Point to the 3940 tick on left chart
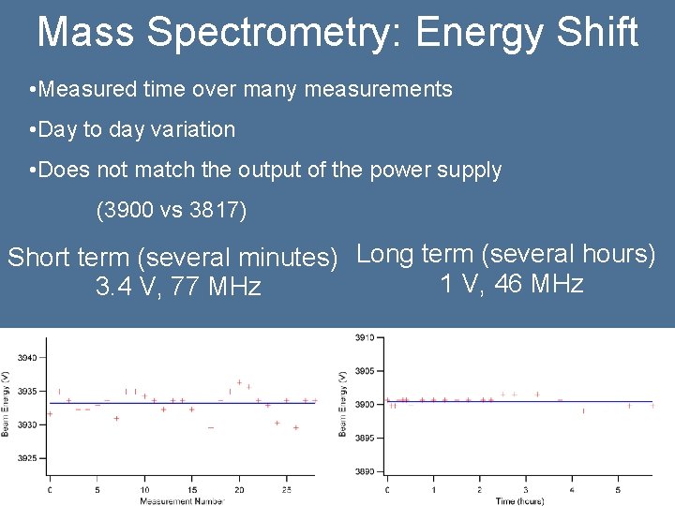click(27, 358)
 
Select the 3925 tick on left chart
click(27, 458)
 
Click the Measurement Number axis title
click(182, 500)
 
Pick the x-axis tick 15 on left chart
click(191, 489)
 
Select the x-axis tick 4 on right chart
click(572, 489)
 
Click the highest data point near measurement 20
click(239, 381)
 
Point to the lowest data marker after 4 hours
click(583, 410)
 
